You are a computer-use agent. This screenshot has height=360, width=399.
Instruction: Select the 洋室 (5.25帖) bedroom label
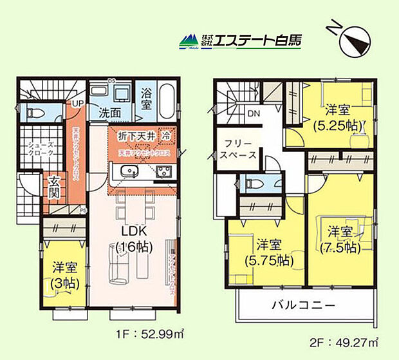(337, 116)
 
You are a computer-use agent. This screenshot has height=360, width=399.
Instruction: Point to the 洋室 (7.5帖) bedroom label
(339, 238)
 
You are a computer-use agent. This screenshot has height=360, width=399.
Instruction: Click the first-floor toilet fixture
(34, 114)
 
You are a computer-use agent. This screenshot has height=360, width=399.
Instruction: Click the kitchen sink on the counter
(124, 172)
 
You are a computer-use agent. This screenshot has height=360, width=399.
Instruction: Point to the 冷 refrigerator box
(166, 136)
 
